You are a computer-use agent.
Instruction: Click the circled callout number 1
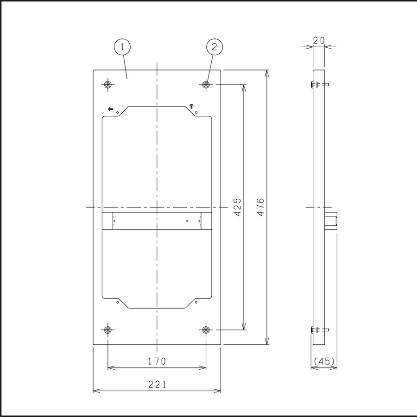pyautogui.click(x=122, y=47)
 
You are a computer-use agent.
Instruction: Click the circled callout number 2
pyautogui.click(x=215, y=47)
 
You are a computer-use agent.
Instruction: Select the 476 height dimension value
pyautogui.click(x=260, y=207)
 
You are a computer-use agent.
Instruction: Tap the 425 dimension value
pyautogui.click(x=238, y=207)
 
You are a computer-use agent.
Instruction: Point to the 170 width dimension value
pyautogui.click(x=157, y=361)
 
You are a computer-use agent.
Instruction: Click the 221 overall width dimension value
pyautogui.click(x=157, y=384)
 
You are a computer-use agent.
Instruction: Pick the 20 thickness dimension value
pyautogui.click(x=319, y=40)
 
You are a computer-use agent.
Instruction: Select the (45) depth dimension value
pyautogui.click(x=324, y=361)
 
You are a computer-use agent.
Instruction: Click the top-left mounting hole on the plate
pyautogui.click(x=107, y=85)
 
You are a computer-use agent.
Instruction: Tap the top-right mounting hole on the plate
pyautogui.click(x=206, y=85)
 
